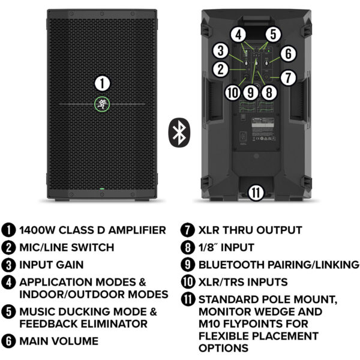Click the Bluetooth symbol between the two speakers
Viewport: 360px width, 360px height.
(x=178, y=132)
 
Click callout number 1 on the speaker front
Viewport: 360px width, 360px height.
(x=103, y=83)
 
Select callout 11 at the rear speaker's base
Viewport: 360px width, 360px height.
(x=256, y=192)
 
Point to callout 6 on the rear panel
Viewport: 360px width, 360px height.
(x=289, y=53)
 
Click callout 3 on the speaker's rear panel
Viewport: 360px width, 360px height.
(x=221, y=50)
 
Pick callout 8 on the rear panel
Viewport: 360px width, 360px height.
(x=269, y=92)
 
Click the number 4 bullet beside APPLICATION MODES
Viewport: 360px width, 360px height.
(x=9, y=282)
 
